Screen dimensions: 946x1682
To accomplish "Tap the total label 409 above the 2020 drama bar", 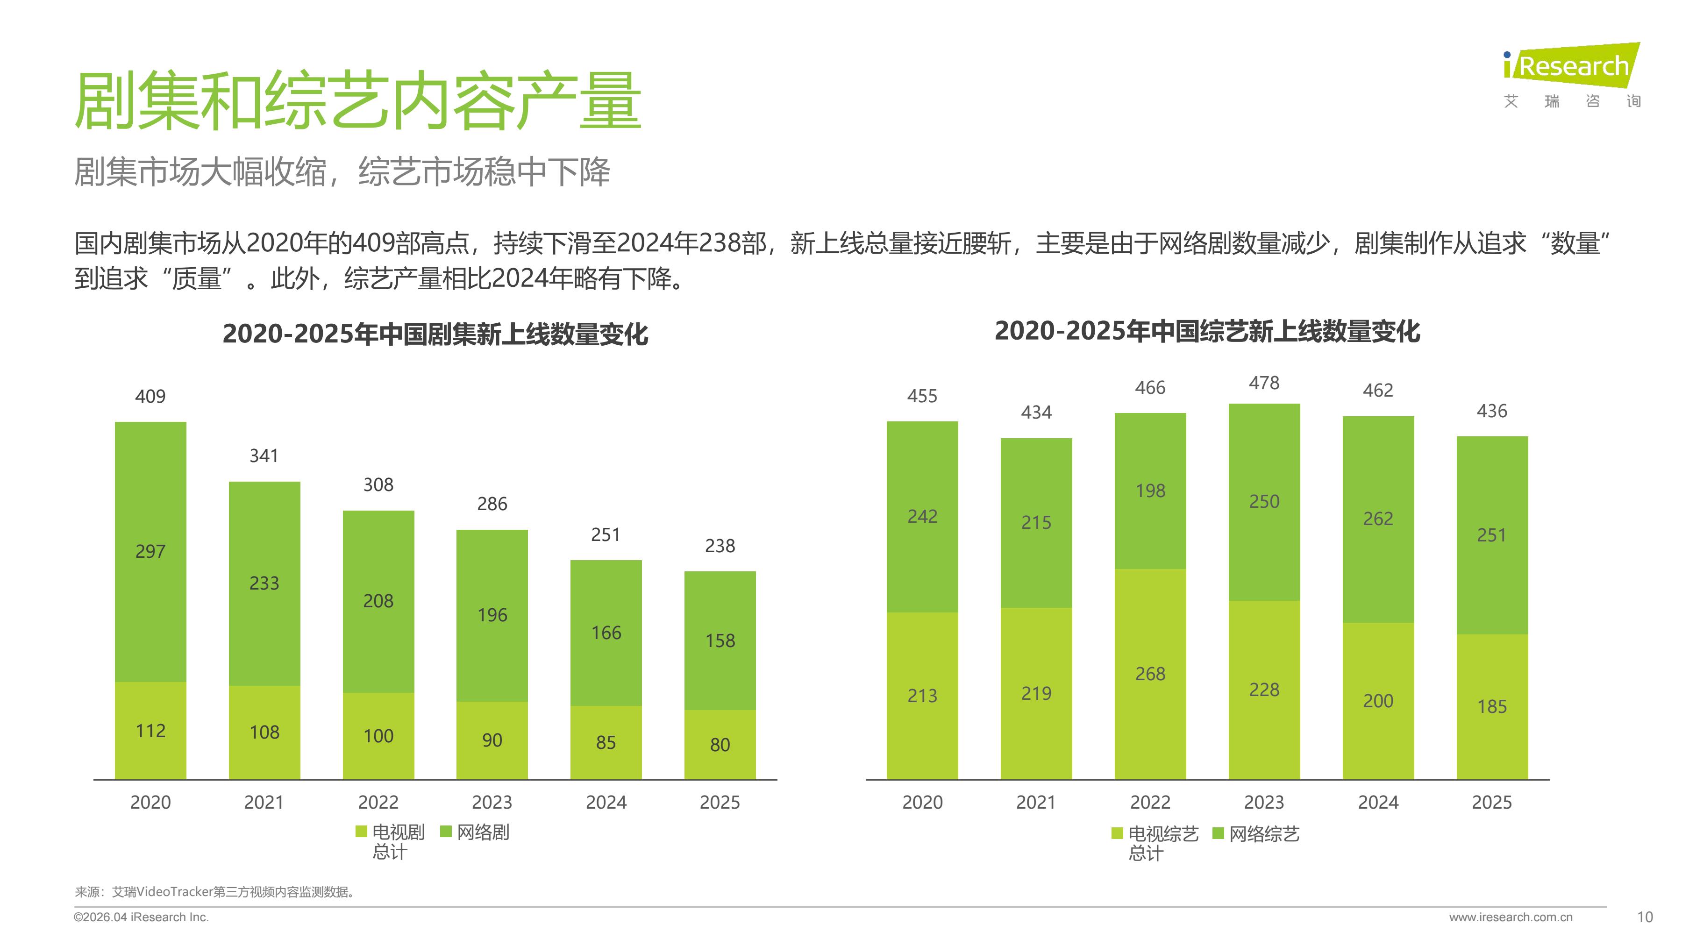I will (150, 396).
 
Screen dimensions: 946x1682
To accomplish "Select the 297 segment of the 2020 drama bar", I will (150, 552).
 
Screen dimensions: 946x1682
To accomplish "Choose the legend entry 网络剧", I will (475, 832).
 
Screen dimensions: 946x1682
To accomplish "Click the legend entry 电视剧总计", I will (391, 841).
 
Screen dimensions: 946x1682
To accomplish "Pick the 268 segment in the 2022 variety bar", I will (1150, 674).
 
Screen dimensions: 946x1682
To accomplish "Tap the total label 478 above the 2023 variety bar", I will (1264, 383).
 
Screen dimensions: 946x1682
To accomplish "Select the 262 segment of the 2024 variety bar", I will (1378, 519).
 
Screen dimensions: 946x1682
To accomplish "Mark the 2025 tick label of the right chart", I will (1491, 803).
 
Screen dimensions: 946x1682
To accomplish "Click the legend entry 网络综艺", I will (1256, 834).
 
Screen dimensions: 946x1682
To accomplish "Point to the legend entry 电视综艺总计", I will (1156, 843).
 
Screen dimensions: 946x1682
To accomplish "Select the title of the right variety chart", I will (1207, 332).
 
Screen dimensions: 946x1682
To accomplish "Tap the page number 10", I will (1644, 918).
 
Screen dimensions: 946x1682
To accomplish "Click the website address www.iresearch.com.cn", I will (1510, 918).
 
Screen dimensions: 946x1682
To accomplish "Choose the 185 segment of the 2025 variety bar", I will (1491, 706).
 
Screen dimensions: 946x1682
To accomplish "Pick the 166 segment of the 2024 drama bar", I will (606, 633).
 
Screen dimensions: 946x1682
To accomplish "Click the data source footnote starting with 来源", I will (215, 892).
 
